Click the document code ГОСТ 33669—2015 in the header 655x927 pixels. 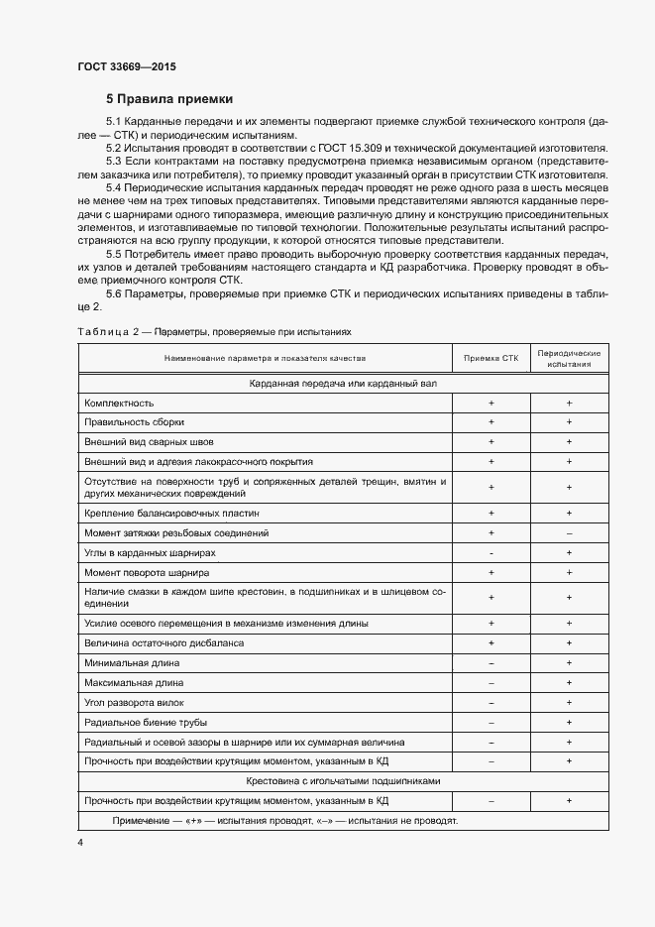(126, 66)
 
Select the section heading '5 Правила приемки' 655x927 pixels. (169, 99)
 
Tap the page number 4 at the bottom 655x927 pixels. (79, 842)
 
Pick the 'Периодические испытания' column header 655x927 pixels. (569, 358)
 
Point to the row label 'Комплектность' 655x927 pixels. (120, 404)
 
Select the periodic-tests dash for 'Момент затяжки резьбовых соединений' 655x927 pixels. (569, 533)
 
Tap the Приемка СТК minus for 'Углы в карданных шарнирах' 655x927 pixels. (491, 553)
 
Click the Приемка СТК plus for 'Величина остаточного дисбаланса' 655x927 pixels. (491, 643)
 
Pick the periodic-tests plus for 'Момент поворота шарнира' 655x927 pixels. (569, 573)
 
